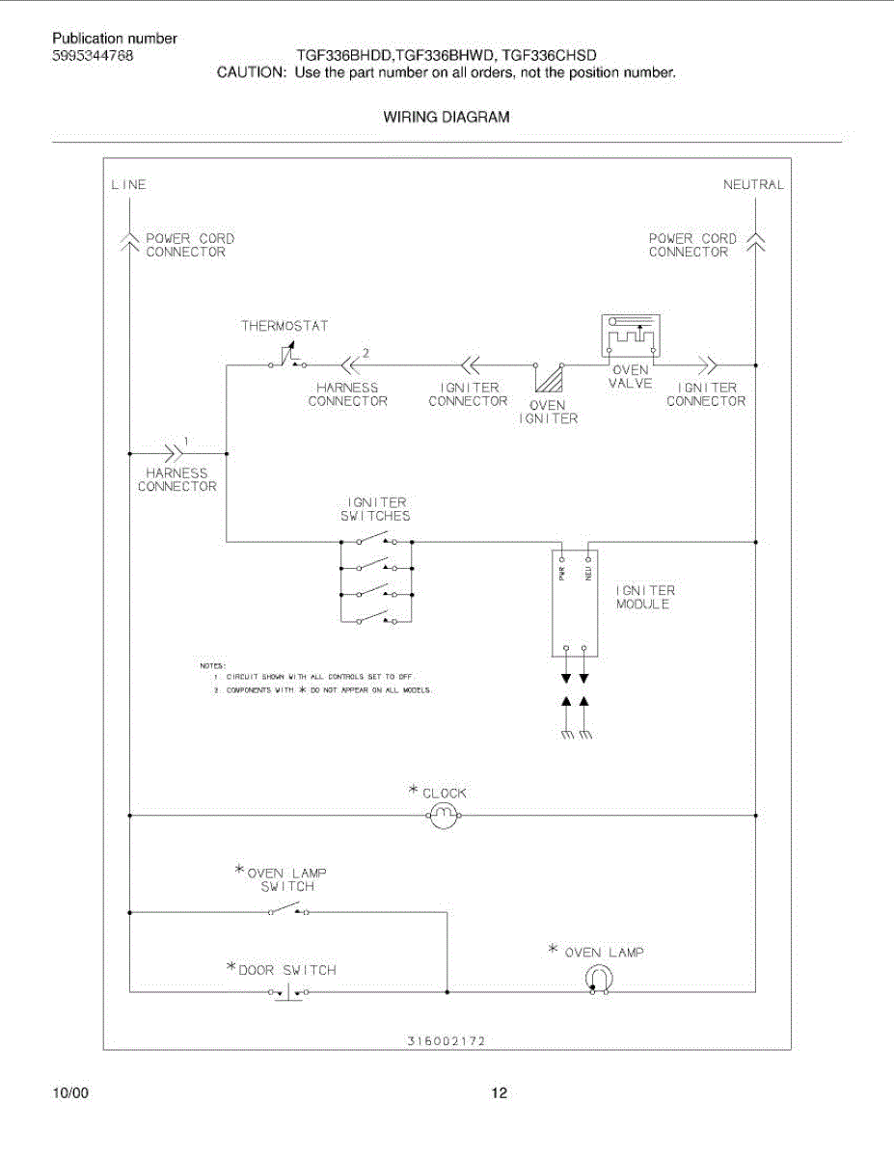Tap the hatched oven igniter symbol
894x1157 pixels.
click(549, 377)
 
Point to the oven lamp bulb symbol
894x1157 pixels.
click(598, 980)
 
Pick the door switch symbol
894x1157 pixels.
click(287, 991)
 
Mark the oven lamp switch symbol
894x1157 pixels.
click(287, 909)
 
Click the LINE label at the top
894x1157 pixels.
click(129, 184)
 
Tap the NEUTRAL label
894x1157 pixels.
click(753, 184)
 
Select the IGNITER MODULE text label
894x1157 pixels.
click(645, 597)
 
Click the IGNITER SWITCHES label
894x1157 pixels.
click(375, 509)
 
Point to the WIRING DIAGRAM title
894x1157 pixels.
click(447, 118)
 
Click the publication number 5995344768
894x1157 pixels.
click(93, 56)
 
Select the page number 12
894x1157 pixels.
click(499, 1093)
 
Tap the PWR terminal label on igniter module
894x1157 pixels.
click(561, 573)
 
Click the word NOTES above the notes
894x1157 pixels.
click(212, 665)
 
